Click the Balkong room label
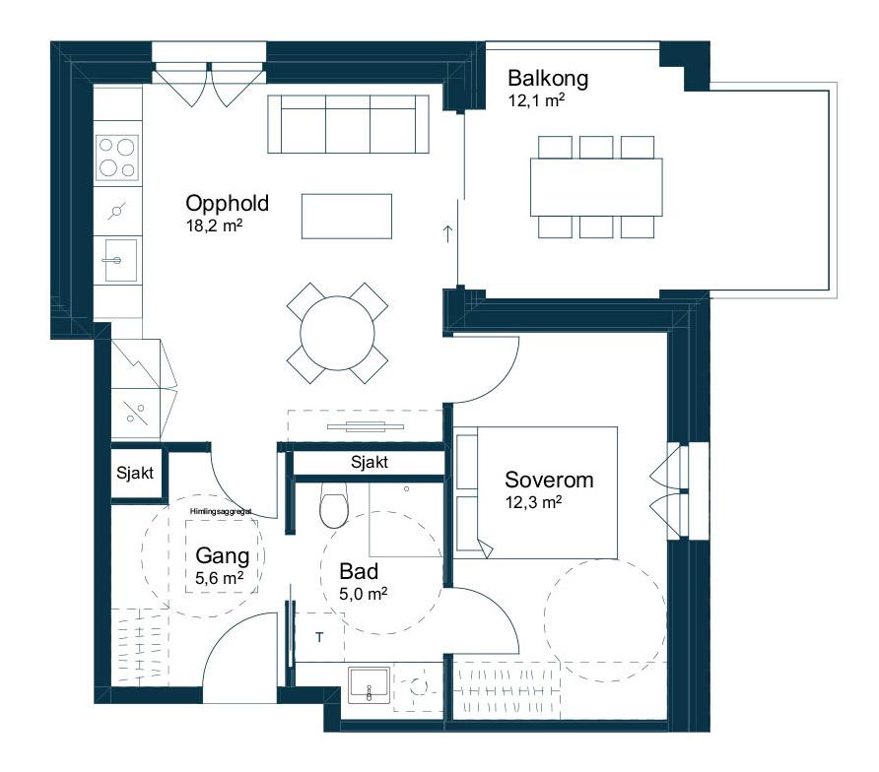pos(548,79)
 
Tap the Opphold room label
pos(227,204)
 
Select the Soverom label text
pos(549,481)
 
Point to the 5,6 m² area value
pos(219,578)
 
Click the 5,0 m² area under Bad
pos(364,594)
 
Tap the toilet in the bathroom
pos(334,505)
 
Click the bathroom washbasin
pos(369,684)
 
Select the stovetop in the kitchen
pos(116,158)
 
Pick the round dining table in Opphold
pos(337,334)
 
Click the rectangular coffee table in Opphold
pos(347,217)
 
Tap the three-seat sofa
pos(348,124)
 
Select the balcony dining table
pos(596,187)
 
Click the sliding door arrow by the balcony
pos(447,233)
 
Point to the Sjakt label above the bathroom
pos(370,462)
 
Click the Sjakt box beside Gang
pos(135,473)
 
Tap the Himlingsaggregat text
pos(221,511)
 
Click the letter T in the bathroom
pos(319,637)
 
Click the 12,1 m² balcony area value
pos(536,100)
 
